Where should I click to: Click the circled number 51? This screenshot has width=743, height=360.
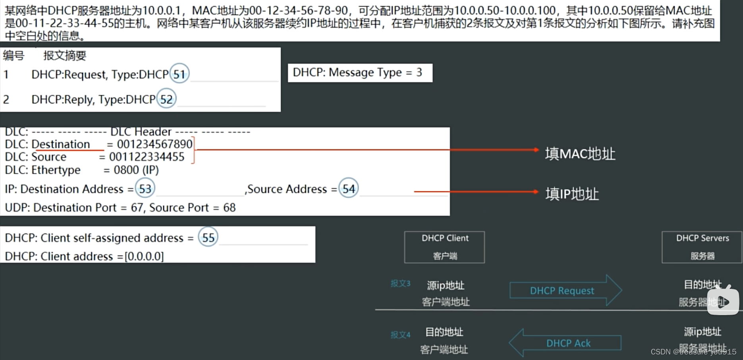179,74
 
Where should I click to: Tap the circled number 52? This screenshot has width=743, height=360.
166,99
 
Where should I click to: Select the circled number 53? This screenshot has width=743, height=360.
145,189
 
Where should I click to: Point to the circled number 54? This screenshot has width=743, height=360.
349,189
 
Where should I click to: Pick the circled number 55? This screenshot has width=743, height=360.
208,238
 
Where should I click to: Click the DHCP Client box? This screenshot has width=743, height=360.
444,247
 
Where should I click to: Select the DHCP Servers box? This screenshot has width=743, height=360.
702,247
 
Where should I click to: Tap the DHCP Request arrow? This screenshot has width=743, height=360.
565,290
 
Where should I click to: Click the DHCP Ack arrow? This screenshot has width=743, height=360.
565,343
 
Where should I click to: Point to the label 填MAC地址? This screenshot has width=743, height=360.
580,154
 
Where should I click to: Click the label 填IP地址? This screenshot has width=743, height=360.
572,194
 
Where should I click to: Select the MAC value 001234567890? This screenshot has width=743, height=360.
154,144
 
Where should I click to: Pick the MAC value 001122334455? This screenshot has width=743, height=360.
147,157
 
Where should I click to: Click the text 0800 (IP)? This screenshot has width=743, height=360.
136,170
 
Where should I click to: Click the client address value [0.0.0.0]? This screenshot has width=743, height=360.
144,256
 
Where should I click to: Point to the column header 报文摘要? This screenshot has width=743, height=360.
65,56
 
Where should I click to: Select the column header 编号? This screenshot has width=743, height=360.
14,56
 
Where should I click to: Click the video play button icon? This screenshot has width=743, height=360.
723,301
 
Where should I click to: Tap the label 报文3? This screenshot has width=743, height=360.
400,284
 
